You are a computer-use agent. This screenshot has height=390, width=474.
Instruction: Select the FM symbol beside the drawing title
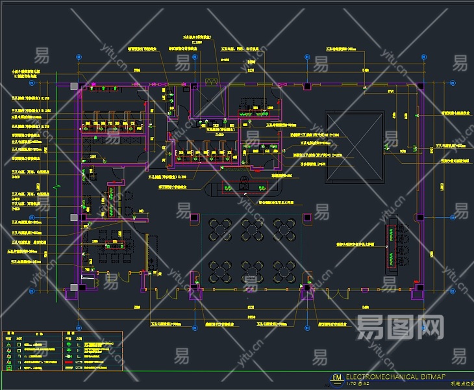(x=336, y=378)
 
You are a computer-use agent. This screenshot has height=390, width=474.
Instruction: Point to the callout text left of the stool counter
(x=356, y=245)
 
